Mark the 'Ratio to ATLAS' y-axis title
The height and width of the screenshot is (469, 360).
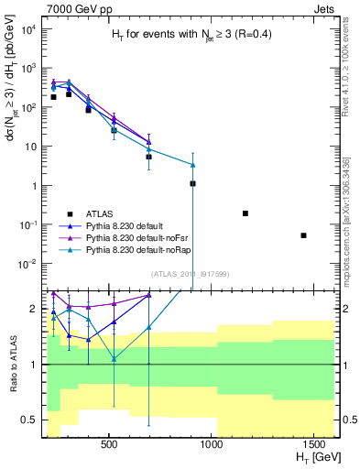tap(12, 364)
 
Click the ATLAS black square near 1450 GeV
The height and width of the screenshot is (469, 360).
tap(303, 235)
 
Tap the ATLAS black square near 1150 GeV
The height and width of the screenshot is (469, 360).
tap(245, 213)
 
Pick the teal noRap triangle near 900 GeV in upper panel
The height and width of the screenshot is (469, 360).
tap(192, 165)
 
